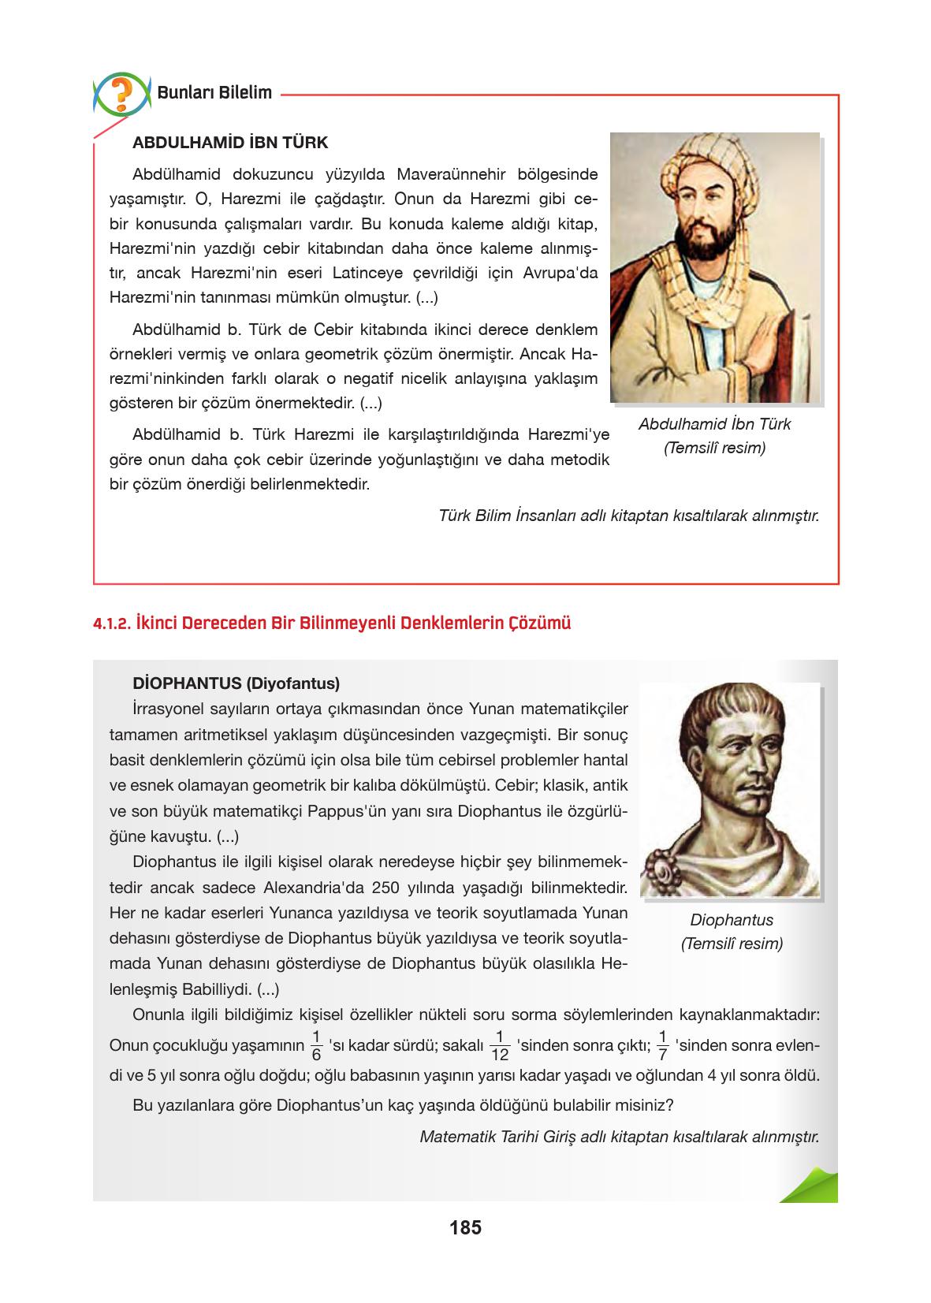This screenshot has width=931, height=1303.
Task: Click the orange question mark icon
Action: coord(121,93)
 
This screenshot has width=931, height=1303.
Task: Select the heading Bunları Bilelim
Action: coord(214,92)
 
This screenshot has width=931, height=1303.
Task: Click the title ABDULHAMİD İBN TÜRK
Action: coord(230,143)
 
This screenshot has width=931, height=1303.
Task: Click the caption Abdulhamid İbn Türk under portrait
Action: coord(714,424)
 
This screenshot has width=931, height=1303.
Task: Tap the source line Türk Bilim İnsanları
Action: coord(628,516)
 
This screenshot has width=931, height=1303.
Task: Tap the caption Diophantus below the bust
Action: coord(732,920)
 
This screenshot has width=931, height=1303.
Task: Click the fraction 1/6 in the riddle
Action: coord(316,1046)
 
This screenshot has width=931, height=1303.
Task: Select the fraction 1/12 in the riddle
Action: coord(499,1046)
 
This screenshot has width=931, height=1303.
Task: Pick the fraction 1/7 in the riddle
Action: coord(662,1046)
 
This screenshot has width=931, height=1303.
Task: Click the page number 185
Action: coord(465,1227)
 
